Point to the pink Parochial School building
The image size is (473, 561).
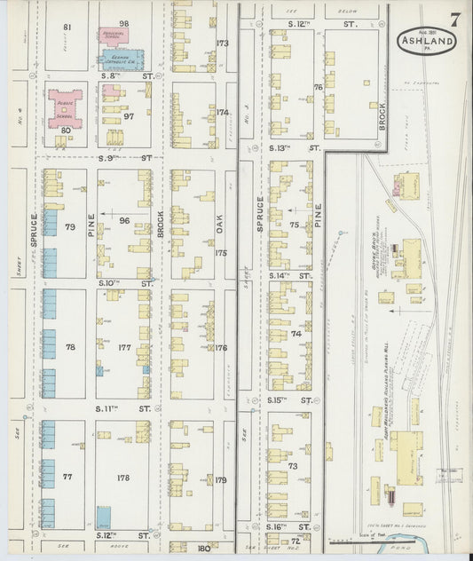113,36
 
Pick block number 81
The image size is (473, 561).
67,28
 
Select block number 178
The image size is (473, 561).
123,478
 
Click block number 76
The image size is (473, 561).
317,87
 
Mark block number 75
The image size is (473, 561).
294,225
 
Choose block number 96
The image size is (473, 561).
124,220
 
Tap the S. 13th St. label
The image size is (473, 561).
294,149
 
